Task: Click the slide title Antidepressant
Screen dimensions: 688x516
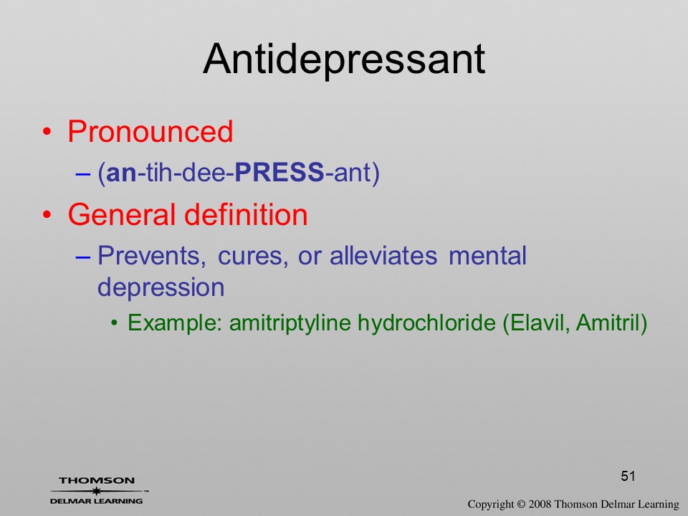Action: [344, 59]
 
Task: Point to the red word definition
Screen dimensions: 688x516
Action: [246, 214]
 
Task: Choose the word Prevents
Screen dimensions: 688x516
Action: [152, 255]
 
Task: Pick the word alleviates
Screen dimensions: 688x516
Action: [383, 255]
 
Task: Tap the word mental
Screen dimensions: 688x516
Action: [487, 255]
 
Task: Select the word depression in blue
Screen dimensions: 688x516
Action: [161, 287]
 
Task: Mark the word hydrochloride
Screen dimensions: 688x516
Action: [426, 322]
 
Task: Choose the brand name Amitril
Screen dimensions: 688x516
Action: [608, 322]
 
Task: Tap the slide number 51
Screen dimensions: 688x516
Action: [628, 476]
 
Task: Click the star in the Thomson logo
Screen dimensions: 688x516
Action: [96, 491]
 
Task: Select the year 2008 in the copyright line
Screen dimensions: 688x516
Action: [540, 504]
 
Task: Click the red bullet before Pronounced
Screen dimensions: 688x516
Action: [47, 132]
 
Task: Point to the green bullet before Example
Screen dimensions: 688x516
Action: [115, 324]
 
